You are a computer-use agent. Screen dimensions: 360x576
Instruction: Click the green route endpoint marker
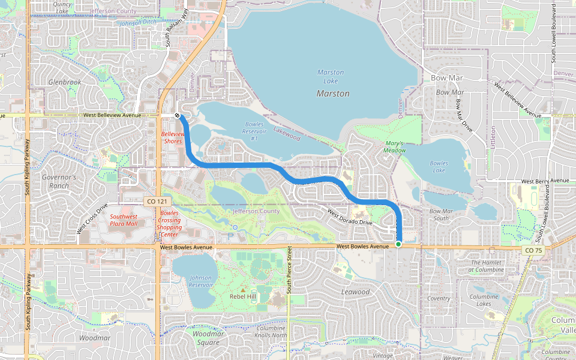(x=398, y=244)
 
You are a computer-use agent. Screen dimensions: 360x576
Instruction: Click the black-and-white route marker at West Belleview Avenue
(x=178, y=115)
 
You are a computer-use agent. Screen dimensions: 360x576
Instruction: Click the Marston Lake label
(x=331, y=76)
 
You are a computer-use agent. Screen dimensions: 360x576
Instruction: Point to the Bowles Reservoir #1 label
(x=254, y=131)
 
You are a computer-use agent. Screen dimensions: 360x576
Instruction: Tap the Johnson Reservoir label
(x=200, y=281)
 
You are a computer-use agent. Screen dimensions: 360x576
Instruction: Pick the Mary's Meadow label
(x=395, y=147)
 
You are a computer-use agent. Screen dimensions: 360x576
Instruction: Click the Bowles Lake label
(x=439, y=167)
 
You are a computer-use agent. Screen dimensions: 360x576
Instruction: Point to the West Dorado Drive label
(x=350, y=217)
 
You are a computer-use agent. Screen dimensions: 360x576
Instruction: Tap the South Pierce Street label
(x=289, y=269)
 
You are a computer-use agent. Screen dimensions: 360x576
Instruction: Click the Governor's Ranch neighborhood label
(x=59, y=181)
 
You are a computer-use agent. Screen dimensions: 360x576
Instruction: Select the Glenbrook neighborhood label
(x=65, y=82)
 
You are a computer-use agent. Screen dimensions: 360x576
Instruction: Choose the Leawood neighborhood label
(x=355, y=292)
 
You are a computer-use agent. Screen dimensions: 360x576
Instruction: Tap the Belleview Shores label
(x=172, y=137)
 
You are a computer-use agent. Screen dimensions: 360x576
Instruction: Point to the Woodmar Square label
(x=205, y=338)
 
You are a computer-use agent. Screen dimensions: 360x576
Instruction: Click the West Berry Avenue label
(x=545, y=181)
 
